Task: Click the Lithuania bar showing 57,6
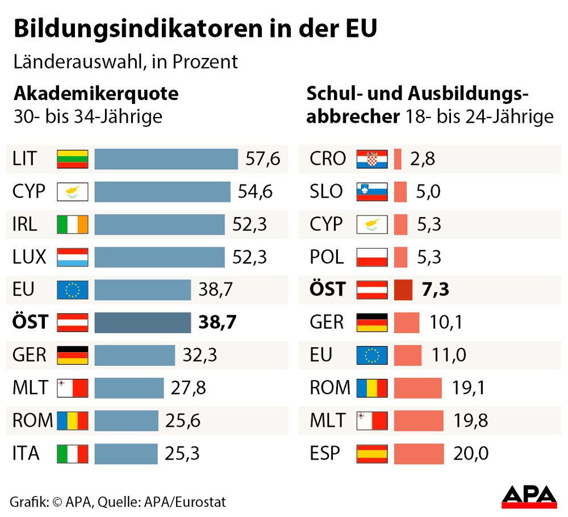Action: (166, 159)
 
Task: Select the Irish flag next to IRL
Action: (73, 224)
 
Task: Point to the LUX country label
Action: (29, 257)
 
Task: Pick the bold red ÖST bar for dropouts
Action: (403, 290)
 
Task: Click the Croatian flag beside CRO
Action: (371, 159)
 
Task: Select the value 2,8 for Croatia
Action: (422, 159)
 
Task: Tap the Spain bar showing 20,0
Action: (419, 454)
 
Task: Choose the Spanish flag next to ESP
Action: (371, 454)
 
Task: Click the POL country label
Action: (327, 257)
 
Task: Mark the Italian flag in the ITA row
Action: (73, 454)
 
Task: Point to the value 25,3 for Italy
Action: (182, 454)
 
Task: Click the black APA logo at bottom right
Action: (528, 496)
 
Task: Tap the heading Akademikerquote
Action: (96, 93)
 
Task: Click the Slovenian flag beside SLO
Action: (371, 192)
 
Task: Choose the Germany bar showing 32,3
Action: (135, 356)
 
